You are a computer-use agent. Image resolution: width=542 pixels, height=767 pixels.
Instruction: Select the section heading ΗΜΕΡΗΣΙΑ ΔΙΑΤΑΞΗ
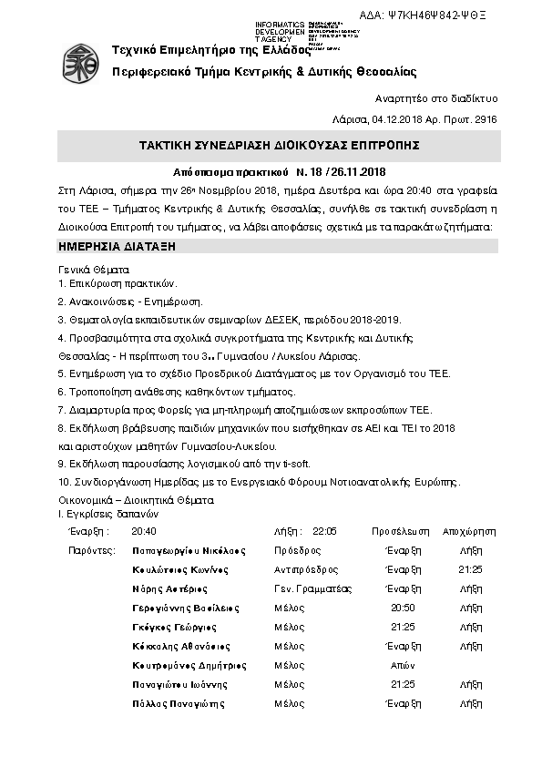117,247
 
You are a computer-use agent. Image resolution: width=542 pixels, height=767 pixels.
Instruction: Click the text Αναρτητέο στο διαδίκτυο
435,98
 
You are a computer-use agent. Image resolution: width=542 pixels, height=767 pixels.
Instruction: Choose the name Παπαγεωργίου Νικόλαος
189,551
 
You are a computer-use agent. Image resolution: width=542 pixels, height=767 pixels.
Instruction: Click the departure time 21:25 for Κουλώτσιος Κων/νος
470,569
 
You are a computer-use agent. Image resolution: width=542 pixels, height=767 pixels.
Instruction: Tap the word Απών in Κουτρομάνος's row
402,666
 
